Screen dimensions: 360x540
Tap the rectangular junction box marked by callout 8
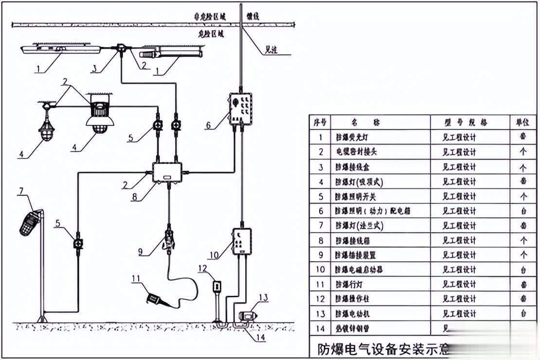coord(168,172)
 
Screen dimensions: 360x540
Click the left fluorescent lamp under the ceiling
coord(60,49)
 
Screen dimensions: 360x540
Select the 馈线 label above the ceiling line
coord(253,16)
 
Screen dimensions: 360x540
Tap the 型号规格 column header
coord(459,122)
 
